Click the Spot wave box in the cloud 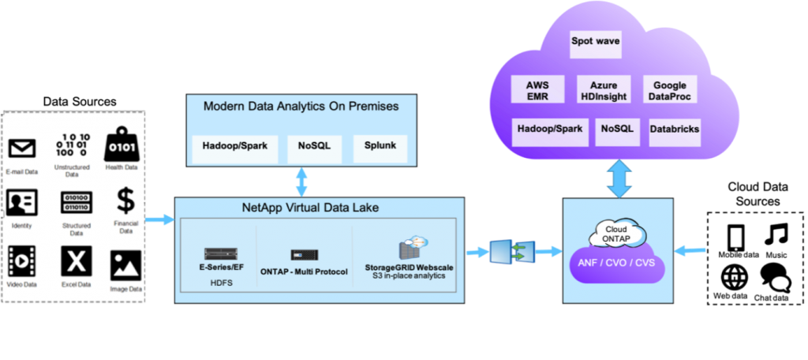[597, 44]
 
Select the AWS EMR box [537, 89]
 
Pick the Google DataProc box [669, 89]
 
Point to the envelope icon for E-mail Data [22, 148]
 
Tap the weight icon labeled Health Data [122, 143]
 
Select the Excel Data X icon [77, 261]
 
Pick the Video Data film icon [22, 261]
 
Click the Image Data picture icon [125, 264]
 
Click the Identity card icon [22, 203]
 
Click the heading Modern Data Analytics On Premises [301, 106]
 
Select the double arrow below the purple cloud [617, 178]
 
